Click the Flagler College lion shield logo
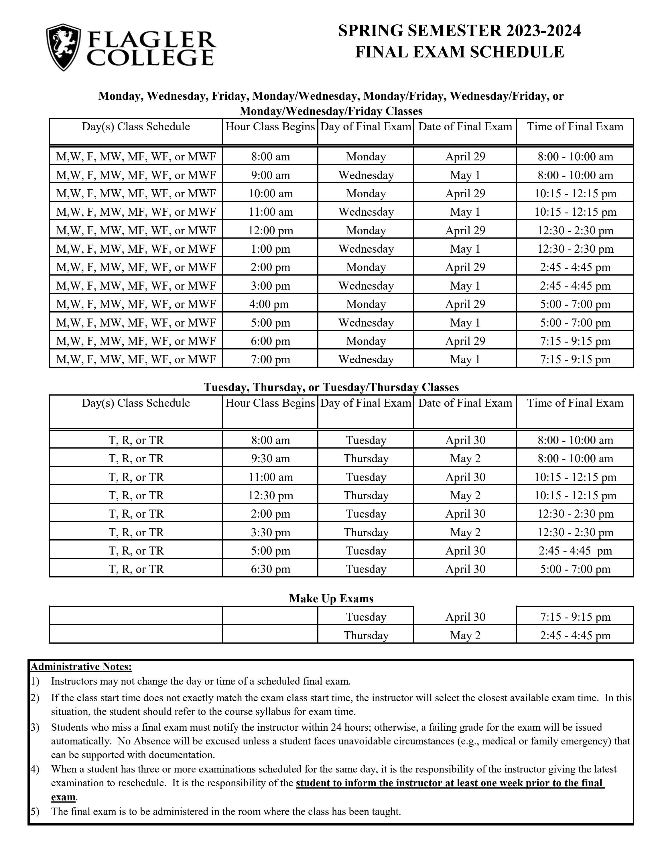coord(64,47)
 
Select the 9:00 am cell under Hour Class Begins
coord(270,175)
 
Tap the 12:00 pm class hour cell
coord(270,230)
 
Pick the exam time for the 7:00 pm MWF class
coord(575,359)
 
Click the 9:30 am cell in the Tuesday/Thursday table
coord(270,458)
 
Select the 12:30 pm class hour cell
coord(270,495)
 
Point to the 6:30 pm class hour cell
coord(270,569)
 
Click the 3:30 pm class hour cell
coord(270,532)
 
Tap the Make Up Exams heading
coord(331,598)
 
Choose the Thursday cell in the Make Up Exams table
coord(366,635)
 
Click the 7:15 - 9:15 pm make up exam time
coord(575,617)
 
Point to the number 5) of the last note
coord(35,811)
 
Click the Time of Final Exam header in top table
coord(575,127)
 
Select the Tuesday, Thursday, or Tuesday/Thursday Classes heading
coord(331,387)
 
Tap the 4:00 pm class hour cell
coord(270,304)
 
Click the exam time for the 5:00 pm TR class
coord(575,551)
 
